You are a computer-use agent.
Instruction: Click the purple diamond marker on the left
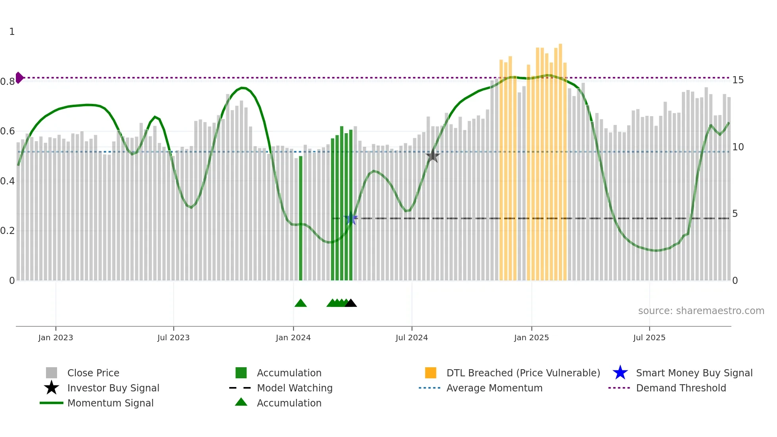19,78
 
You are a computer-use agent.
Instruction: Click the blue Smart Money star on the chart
351,218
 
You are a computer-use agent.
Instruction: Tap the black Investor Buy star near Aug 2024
433,156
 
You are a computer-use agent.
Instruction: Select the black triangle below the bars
351,303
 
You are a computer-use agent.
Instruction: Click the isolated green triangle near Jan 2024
300,303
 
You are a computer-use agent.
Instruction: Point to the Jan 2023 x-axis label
55,337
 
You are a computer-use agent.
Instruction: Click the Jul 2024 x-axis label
411,337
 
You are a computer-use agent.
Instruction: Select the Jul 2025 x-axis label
649,337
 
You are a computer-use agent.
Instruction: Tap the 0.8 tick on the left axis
8,82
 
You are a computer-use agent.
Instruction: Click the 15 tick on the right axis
738,80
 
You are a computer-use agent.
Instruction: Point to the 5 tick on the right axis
735,214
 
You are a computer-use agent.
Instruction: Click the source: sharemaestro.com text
701,311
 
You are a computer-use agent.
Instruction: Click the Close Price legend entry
93,373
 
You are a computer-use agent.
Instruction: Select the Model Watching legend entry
294,388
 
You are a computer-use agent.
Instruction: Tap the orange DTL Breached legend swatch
431,373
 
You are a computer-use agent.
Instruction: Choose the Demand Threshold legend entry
681,388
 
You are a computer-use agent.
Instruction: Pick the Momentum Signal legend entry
110,403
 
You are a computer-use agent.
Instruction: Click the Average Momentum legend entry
494,388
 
